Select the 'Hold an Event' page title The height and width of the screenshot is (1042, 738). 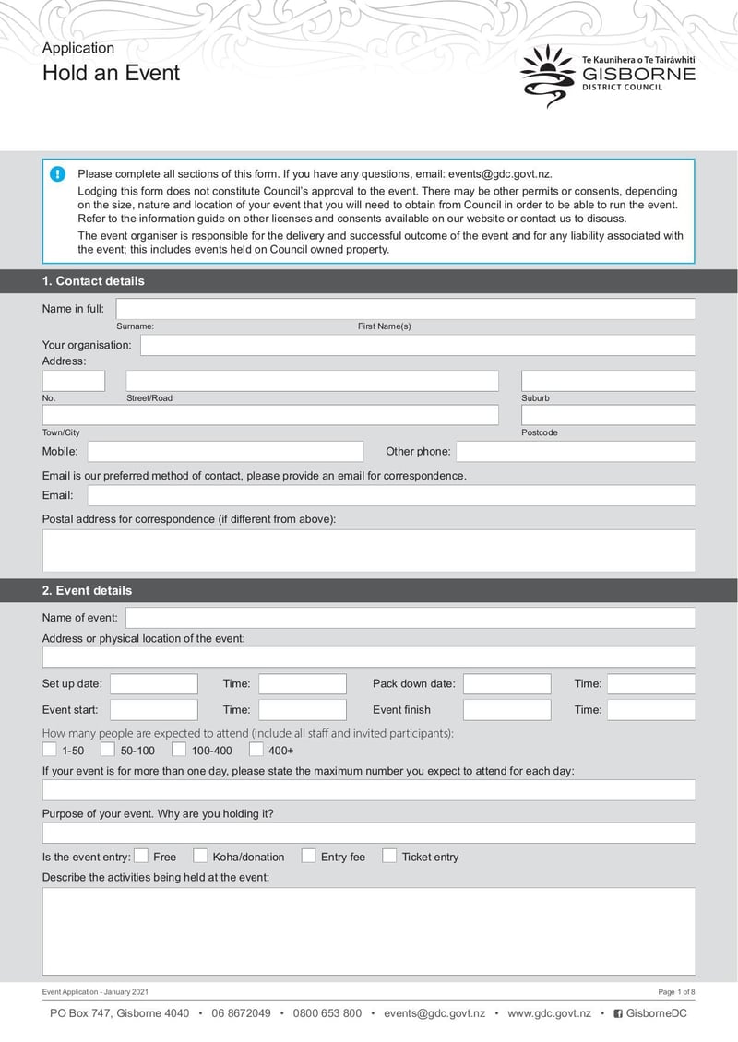111,73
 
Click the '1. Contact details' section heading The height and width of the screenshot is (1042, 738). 93,281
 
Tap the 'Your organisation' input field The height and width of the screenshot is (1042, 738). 417,346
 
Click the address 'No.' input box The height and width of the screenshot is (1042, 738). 74,381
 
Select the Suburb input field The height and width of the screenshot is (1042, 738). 607,381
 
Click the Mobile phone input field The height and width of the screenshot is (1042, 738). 225,452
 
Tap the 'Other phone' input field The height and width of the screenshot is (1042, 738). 575,452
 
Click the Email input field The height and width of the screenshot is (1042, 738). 390,496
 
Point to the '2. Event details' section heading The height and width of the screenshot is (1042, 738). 87,590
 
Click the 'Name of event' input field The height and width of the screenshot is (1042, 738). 410,618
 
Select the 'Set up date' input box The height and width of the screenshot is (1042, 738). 153,684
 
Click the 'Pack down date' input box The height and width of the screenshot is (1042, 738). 506,684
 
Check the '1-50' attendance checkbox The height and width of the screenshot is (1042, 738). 49,750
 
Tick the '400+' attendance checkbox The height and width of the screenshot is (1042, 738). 256,750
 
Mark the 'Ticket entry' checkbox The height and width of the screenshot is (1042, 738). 389,857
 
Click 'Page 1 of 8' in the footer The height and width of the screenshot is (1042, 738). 676,992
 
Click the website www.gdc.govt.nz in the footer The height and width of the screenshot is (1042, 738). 549,1013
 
